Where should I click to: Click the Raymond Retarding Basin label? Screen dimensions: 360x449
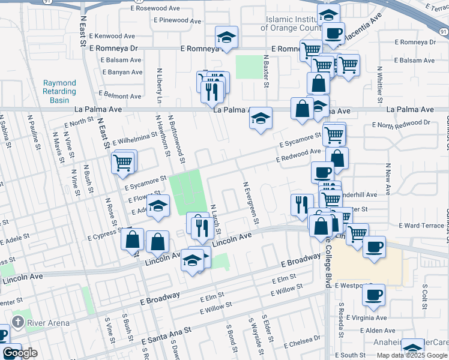(59, 92)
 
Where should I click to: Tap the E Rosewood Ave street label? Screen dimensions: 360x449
(157, 8)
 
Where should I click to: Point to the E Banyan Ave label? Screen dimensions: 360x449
(122, 73)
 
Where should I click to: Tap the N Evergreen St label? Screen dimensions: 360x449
(250, 203)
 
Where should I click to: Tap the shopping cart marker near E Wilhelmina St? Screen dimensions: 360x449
(123, 161)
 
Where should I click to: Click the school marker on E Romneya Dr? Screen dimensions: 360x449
(226, 38)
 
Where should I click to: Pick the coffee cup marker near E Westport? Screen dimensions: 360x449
(373, 295)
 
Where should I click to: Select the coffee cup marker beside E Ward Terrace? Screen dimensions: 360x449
(374, 247)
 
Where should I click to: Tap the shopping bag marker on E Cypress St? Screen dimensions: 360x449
(132, 239)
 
